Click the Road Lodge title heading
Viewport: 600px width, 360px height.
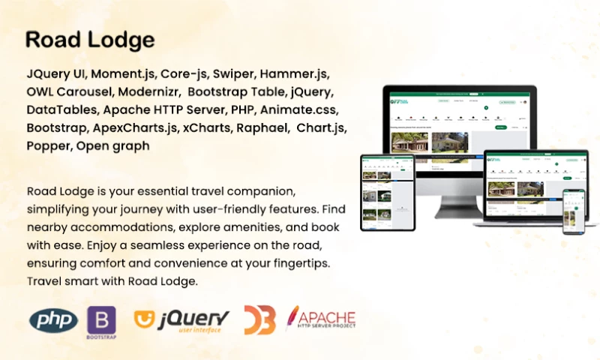coord(89,40)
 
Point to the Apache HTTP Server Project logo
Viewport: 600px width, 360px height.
coord(321,319)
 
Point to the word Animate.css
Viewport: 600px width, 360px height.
coord(295,111)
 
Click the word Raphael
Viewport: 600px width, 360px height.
coord(262,128)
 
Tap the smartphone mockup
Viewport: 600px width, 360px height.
coord(574,211)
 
